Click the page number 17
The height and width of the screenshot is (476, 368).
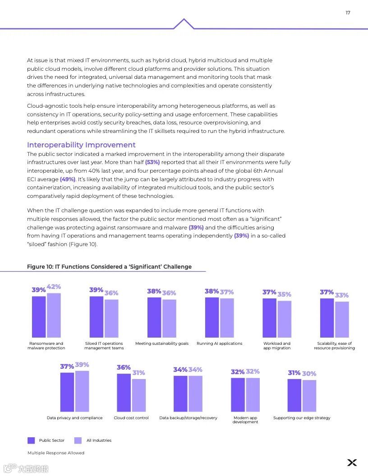348,13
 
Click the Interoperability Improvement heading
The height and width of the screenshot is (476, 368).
81,145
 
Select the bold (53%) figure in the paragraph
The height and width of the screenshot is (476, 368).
152,162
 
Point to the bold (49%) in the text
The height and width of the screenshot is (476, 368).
68,179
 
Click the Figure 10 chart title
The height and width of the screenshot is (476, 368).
109,267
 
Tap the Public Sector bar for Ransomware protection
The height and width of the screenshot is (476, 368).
39,316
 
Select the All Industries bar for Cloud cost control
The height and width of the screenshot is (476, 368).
139,395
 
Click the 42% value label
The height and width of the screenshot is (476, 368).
54,287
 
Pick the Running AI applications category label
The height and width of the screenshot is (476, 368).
219,343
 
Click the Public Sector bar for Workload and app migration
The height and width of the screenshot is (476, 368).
269,318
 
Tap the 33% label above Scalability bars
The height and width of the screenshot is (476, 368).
342,295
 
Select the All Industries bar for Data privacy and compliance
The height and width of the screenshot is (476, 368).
82,391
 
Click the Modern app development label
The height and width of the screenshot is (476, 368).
245,420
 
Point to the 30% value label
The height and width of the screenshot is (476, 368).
309,374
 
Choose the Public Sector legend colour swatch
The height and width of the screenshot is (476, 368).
31,440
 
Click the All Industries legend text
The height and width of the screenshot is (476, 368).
99,440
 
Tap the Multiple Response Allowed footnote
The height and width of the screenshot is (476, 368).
56,453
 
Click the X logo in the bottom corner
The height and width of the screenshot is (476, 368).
352,462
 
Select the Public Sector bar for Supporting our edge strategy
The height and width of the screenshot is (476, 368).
294,395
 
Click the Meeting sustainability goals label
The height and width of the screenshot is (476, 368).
162,343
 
